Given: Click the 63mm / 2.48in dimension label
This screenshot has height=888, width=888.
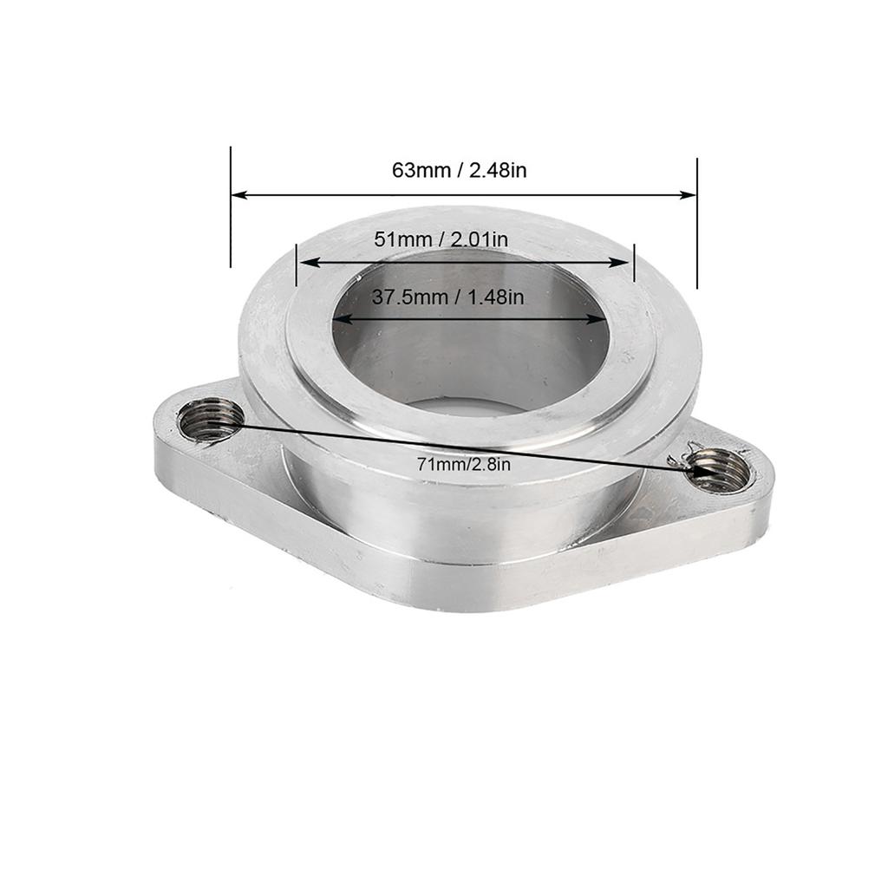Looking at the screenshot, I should click(x=459, y=170).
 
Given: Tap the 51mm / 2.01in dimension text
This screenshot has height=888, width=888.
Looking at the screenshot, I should click(x=441, y=238).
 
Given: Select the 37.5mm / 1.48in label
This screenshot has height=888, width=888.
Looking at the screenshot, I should click(x=448, y=297).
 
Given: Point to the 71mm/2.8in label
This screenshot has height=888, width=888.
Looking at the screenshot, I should click(x=463, y=465).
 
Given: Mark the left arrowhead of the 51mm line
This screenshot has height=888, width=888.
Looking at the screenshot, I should click(x=305, y=262).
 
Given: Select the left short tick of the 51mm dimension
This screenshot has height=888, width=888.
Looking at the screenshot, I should click(x=297, y=264).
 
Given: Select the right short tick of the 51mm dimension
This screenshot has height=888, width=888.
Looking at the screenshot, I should click(x=635, y=263).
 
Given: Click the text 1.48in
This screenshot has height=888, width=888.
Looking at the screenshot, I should click(x=496, y=297).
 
